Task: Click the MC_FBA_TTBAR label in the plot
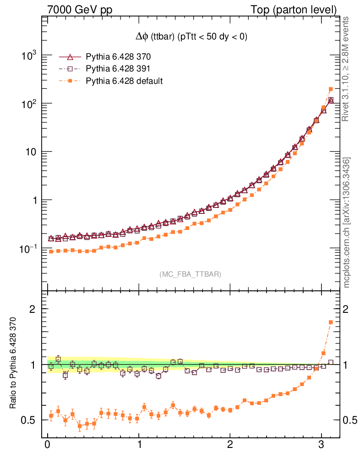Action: click(x=191, y=274)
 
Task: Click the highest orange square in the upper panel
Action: click(x=331, y=89)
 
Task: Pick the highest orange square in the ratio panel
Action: click(x=331, y=322)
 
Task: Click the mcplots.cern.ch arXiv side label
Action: click(x=347, y=222)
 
